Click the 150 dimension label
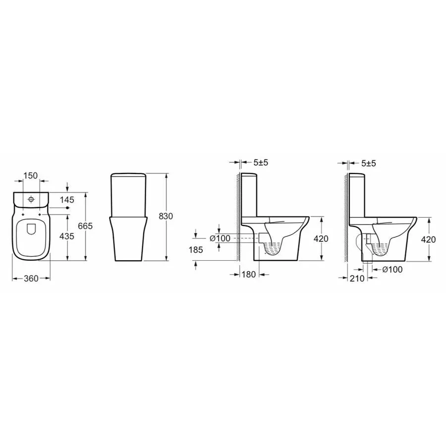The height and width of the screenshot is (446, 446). (x=30, y=176)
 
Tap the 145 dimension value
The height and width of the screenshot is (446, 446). (x=67, y=200)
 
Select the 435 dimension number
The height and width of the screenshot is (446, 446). (x=67, y=236)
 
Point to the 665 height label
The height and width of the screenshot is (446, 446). (x=86, y=226)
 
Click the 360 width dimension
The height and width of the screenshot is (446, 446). (x=31, y=279)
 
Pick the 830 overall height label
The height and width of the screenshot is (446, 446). (x=166, y=217)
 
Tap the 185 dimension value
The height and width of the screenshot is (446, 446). (x=196, y=250)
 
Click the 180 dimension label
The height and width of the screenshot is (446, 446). (x=249, y=274)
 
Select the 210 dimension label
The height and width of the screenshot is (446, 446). (x=357, y=279)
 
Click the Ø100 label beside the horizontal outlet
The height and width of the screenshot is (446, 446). (x=220, y=238)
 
